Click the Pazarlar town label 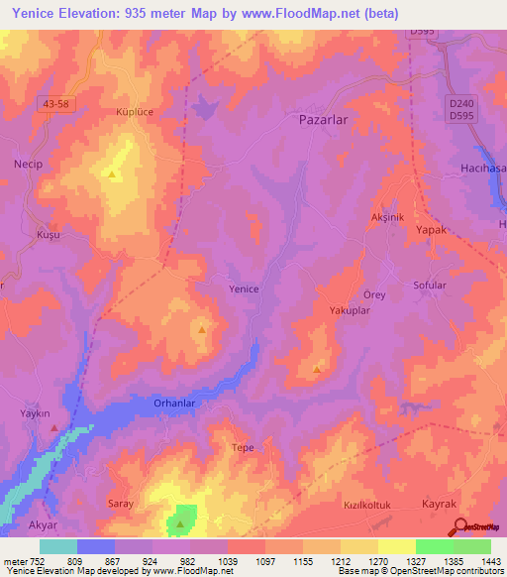(x=324, y=118)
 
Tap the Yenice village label (x=244, y=289)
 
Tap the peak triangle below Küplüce (x=113, y=175)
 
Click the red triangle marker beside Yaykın (x=53, y=428)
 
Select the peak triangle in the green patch (x=180, y=522)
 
